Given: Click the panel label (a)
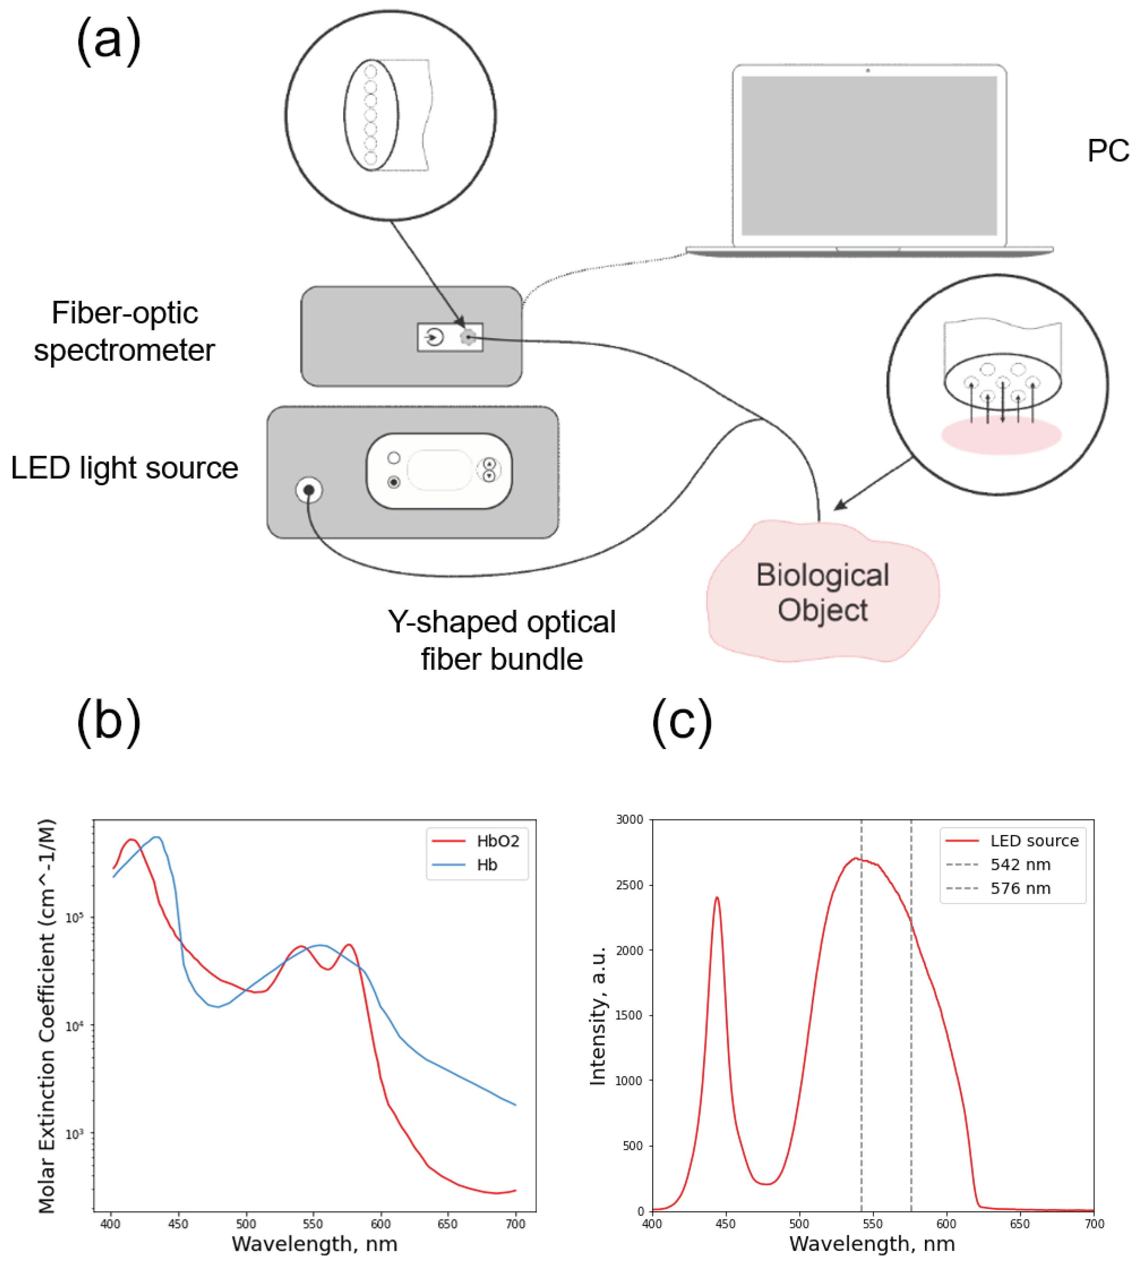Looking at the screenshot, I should pos(109,41).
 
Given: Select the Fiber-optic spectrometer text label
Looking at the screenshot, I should pos(124,331).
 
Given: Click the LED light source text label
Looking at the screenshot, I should pos(124,468).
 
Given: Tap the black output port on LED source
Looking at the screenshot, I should pos(309,490).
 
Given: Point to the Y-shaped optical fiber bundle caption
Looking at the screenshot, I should pos(502,640).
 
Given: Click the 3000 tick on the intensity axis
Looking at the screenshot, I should pos(629,819).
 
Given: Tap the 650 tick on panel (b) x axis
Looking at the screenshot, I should pos(447,1224).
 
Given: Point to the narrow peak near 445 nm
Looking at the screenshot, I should pos(717,900).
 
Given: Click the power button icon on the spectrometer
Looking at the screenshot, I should pos(434,337).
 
